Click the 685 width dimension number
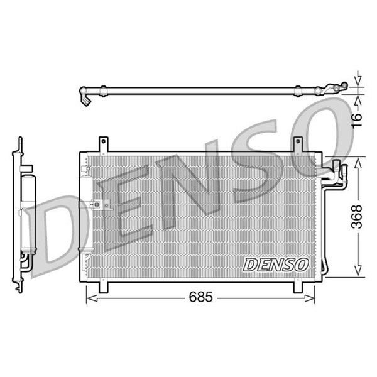(201, 297)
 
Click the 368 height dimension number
(356, 216)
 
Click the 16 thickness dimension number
(357, 121)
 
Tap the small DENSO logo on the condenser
(276, 265)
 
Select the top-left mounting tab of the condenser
(104, 145)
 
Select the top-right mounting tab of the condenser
(298, 145)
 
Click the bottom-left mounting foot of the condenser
(104, 287)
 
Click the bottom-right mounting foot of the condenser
(298, 287)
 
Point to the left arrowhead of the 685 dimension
(92, 298)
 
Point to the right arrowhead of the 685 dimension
(309, 298)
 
